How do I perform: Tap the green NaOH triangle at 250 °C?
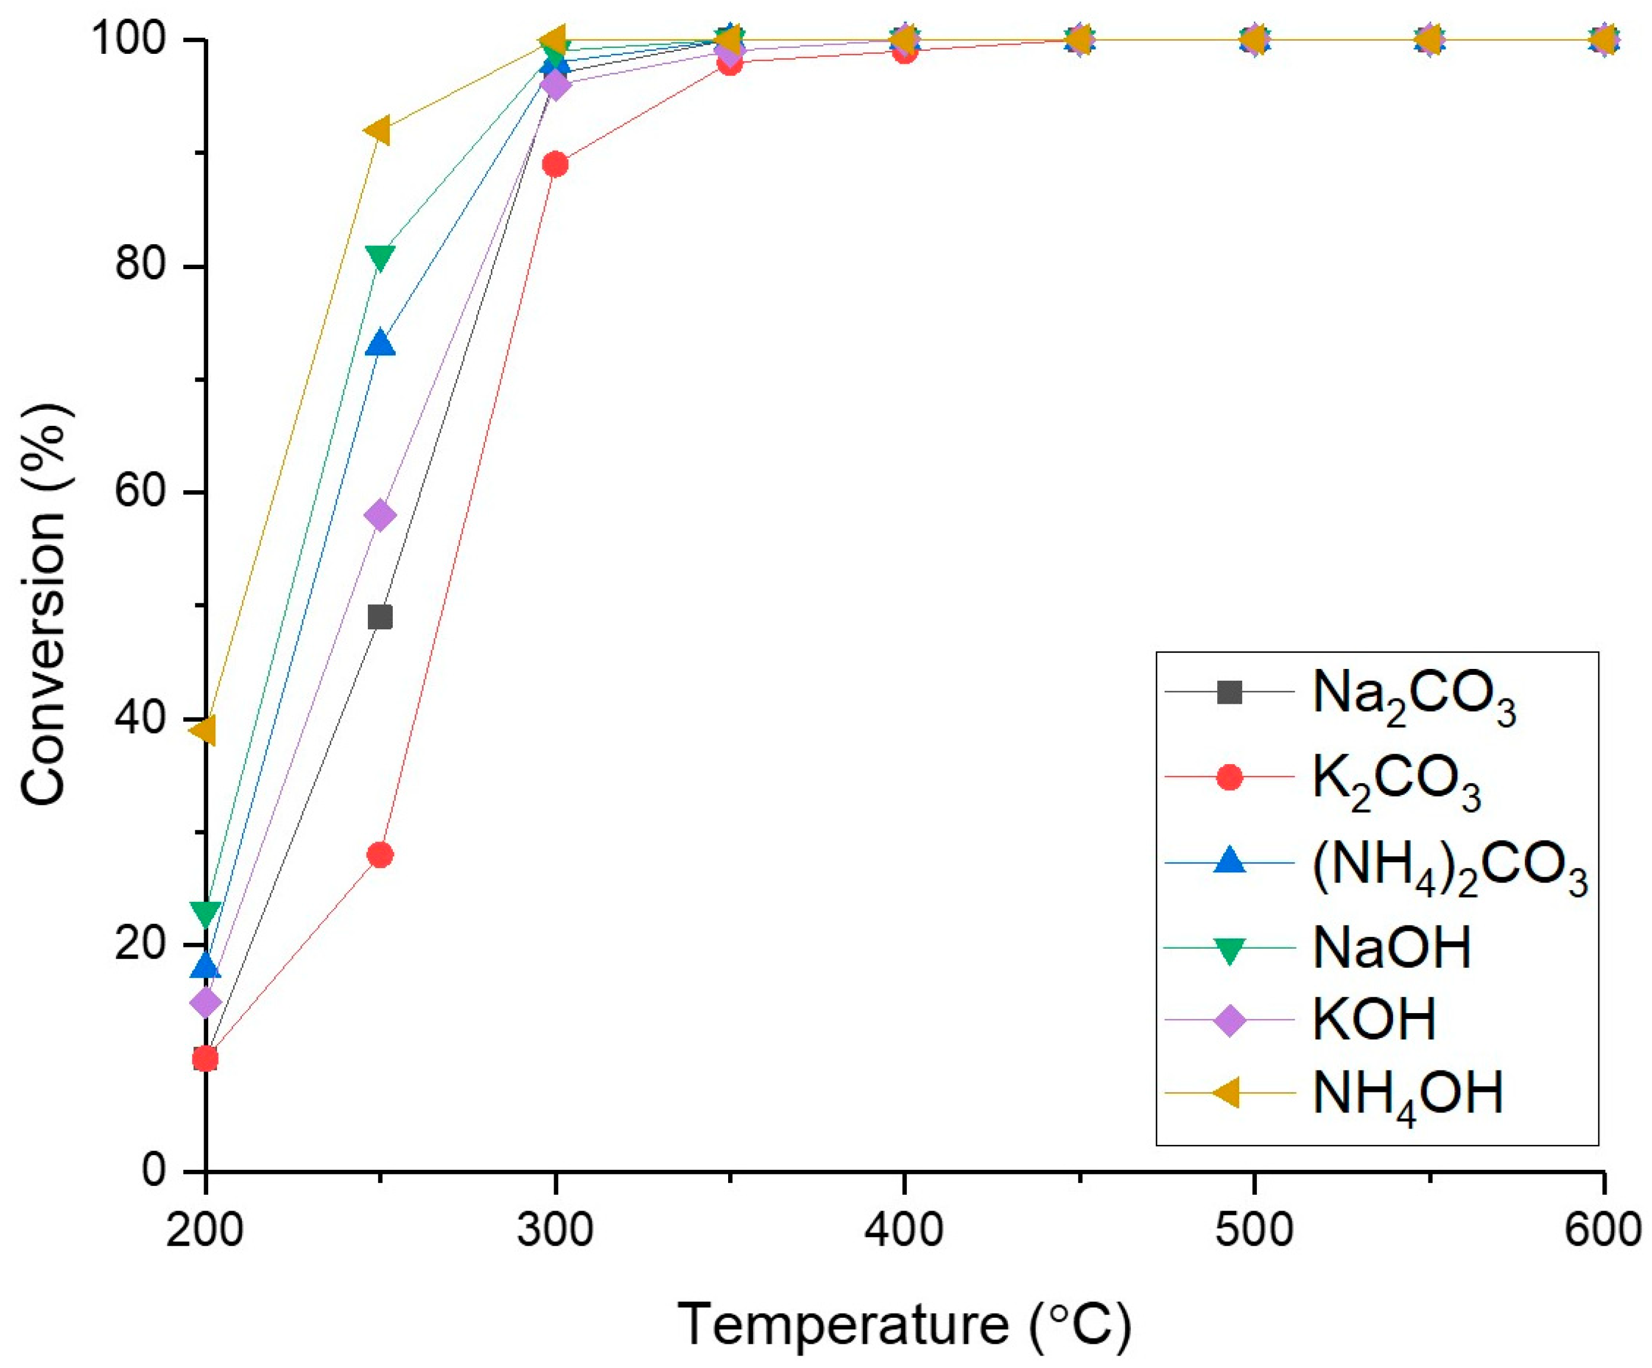(x=380, y=257)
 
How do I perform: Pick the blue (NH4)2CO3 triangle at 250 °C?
(x=380, y=344)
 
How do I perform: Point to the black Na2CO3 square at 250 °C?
(x=380, y=617)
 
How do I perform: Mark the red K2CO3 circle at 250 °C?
(x=380, y=855)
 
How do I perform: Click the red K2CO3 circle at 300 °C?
(x=555, y=164)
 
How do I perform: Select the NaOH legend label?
(x=1392, y=948)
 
